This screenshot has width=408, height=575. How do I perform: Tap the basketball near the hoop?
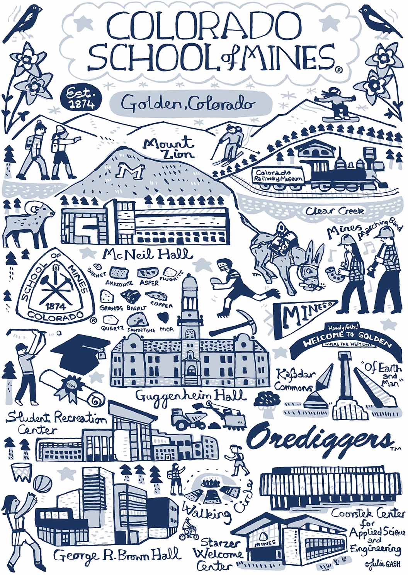42,483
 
